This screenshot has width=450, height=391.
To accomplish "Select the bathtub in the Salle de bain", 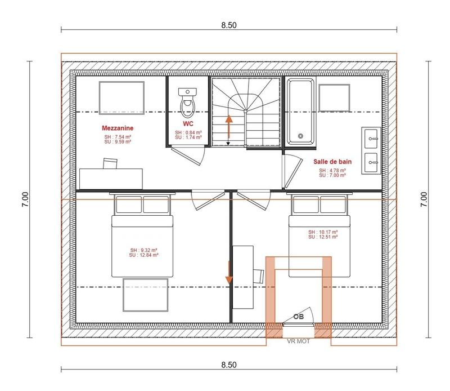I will [x=301, y=110].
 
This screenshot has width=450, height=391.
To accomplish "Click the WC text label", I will [x=188, y=123].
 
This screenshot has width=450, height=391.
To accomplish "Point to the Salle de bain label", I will [x=332, y=162].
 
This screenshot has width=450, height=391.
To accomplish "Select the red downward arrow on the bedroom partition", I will [x=229, y=273].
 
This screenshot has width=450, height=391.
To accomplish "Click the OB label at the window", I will [x=299, y=317].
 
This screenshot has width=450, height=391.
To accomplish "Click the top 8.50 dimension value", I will [x=228, y=25].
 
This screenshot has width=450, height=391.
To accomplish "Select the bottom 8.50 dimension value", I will [x=228, y=365].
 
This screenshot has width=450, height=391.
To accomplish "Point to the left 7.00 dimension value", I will [x=25, y=199].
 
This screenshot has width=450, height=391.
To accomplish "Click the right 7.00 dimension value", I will [x=424, y=199].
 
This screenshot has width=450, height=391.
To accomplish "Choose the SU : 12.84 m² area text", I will [x=144, y=255].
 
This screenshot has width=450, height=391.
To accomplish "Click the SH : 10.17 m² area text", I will [x=323, y=232].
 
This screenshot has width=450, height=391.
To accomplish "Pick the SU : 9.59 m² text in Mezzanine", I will [x=117, y=142].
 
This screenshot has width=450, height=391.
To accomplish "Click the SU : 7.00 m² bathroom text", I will [x=332, y=175].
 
